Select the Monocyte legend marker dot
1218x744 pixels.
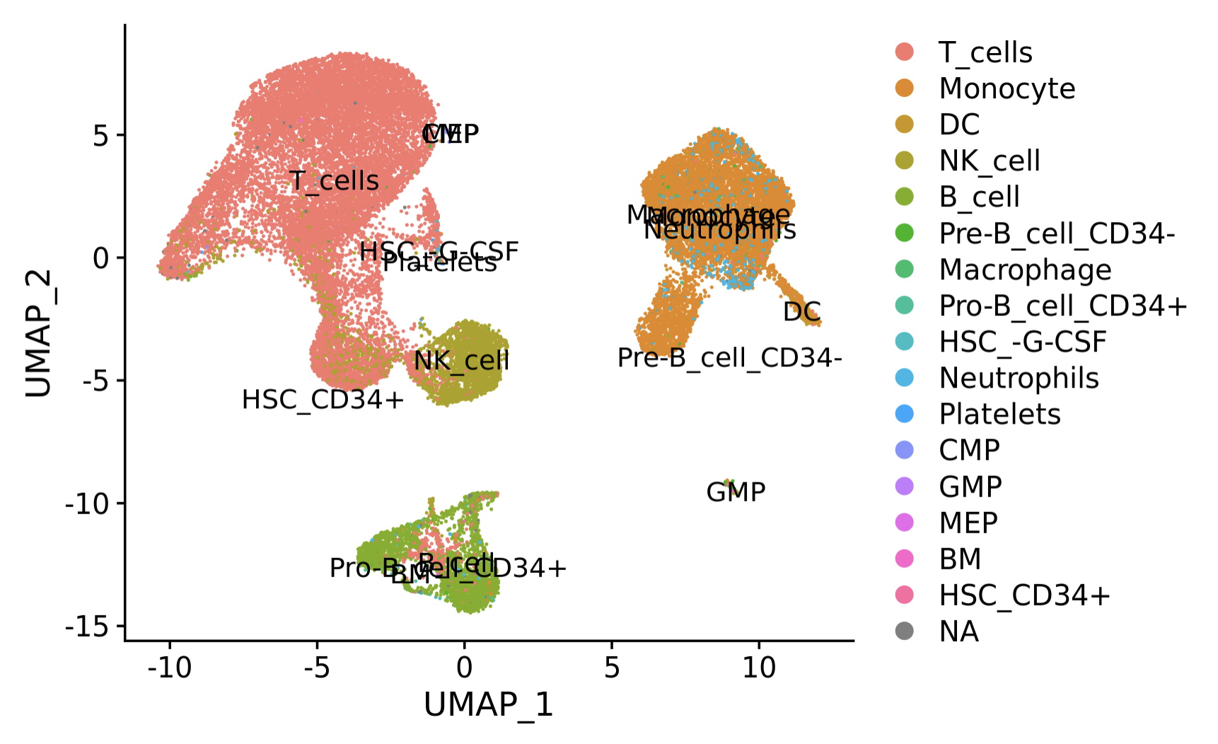click(x=904, y=88)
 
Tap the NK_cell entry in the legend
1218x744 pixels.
click(x=989, y=161)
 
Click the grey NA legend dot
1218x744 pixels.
click(x=904, y=631)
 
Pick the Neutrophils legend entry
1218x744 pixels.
click(x=1019, y=378)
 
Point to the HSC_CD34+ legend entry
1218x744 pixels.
click(x=1024, y=595)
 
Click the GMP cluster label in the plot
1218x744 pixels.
click(x=736, y=492)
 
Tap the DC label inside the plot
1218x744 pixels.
click(x=801, y=312)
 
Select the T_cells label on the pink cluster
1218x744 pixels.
click(x=335, y=181)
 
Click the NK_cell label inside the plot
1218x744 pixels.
click(x=461, y=361)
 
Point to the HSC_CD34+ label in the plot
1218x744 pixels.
click(x=323, y=400)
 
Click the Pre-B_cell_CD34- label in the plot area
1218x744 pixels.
click(x=729, y=358)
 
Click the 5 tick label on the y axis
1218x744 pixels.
click(x=100, y=135)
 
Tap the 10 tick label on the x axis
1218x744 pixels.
click(x=759, y=667)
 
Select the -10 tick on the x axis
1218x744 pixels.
click(x=170, y=667)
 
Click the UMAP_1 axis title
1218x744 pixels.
click(x=488, y=705)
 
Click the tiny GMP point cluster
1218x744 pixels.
click(x=729, y=482)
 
